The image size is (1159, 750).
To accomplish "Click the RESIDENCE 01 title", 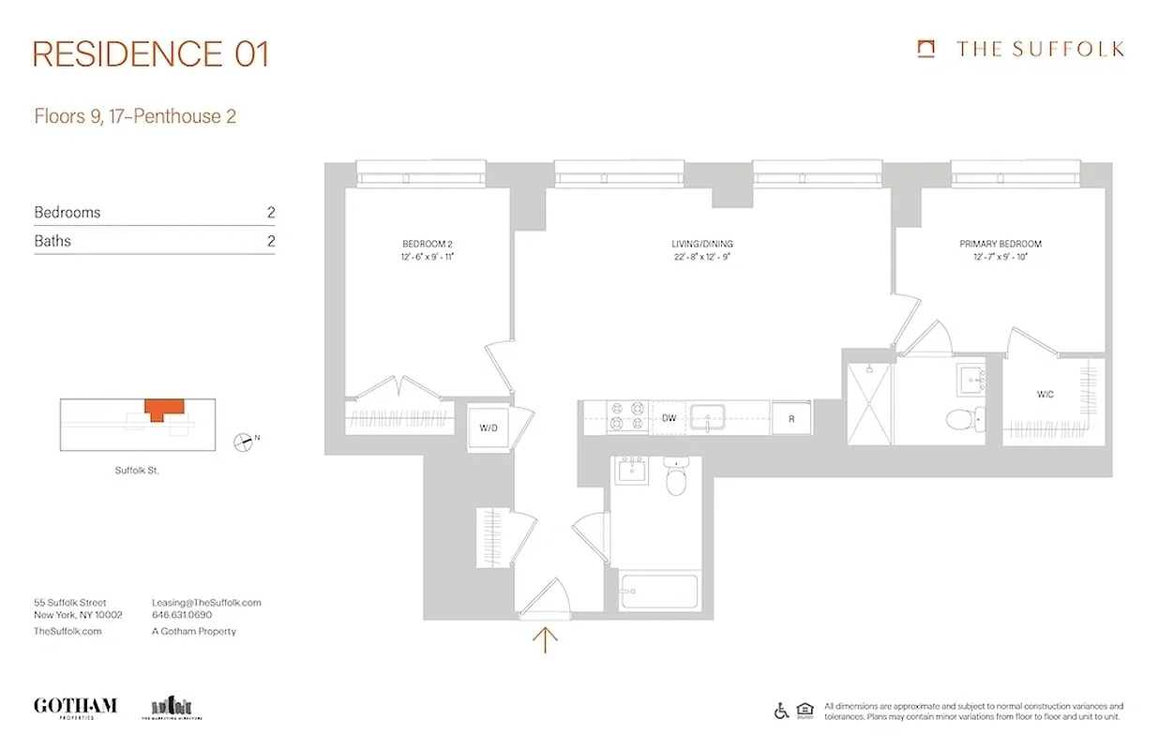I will click(x=151, y=53).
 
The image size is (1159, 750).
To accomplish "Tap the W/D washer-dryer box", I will click(x=489, y=429).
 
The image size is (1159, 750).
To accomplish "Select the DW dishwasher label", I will click(x=669, y=418).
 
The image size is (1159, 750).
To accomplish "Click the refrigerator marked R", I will click(x=790, y=418).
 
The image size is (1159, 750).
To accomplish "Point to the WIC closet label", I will click(x=1046, y=395).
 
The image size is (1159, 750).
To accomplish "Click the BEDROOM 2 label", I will click(x=428, y=244).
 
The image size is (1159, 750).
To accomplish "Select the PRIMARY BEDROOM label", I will click(x=1000, y=244).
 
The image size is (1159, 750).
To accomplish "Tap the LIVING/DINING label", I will click(x=695, y=244).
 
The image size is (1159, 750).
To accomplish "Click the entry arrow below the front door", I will click(x=545, y=639).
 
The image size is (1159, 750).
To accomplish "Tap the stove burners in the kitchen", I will click(x=627, y=417).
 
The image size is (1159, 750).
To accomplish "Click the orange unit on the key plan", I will click(x=165, y=409).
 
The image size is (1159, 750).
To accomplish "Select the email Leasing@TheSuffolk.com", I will click(x=206, y=603).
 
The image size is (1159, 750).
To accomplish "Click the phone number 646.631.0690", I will click(x=182, y=615).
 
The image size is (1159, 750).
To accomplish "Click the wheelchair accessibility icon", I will click(x=781, y=712).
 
